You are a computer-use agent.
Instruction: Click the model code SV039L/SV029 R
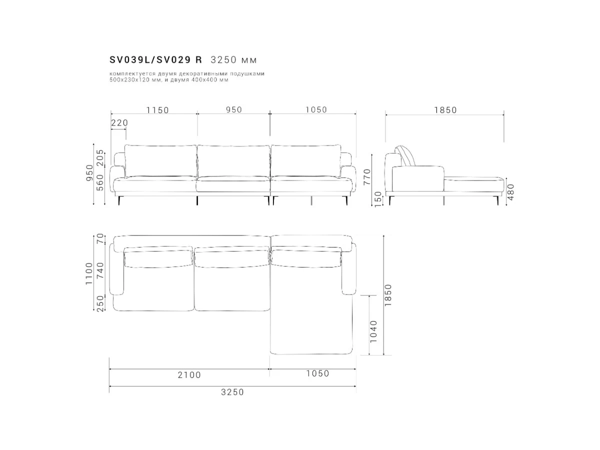155,60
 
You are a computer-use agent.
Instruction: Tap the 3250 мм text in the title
233,60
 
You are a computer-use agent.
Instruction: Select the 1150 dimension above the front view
157,110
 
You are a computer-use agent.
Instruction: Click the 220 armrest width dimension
119,123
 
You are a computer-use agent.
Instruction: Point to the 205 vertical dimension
100,157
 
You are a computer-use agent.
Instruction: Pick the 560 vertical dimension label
100,182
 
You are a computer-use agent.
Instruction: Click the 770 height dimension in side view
367,177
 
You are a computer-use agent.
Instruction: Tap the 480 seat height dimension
510,192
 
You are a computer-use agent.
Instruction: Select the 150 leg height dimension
378,199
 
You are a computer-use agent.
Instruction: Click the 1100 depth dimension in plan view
89,274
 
